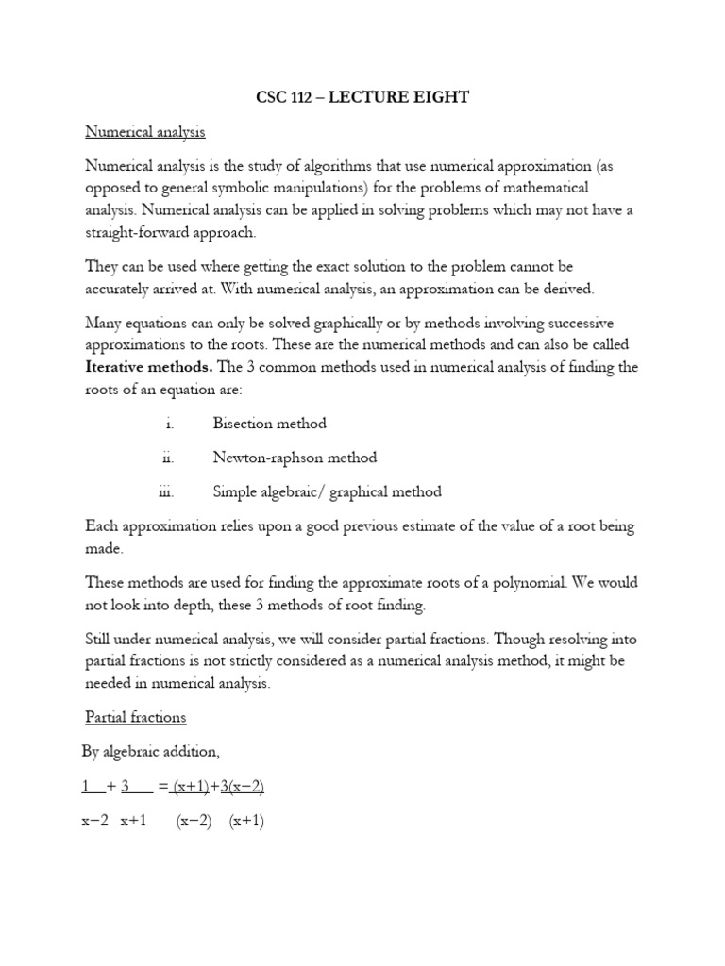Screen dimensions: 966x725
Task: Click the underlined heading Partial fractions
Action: tap(135, 717)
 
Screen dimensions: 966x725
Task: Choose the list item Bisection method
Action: tap(269, 424)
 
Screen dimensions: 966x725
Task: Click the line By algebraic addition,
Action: tap(153, 752)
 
